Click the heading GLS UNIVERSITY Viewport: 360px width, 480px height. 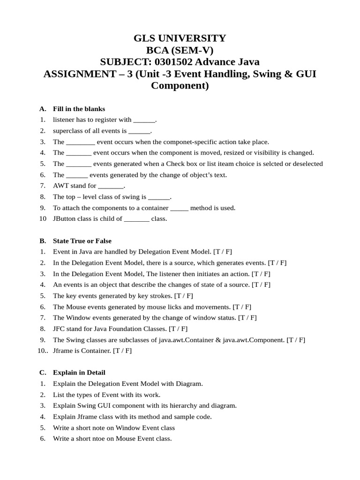tap(180, 38)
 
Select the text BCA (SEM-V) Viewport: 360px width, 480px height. tap(180, 50)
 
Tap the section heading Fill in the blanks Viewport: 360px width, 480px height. tap(79, 109)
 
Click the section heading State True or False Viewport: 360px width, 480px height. tap(82, 241)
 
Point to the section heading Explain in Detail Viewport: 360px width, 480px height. tap(79, 373)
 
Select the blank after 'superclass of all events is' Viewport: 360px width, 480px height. tap(139, 131)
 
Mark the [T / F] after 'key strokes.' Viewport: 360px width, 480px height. tap(183, 296)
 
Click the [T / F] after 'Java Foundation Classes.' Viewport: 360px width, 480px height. tap(178, 329)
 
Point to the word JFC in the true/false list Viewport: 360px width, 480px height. tap(59, 329)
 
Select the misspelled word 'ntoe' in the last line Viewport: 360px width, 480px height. tap(96, 439)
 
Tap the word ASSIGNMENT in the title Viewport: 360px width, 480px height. tap(78, 74)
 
